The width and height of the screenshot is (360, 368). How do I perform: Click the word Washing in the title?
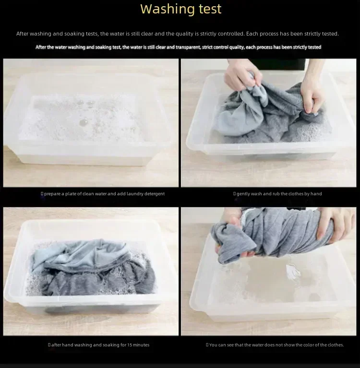tap(168, 9)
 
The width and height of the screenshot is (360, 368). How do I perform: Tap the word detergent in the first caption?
tap(155, 194)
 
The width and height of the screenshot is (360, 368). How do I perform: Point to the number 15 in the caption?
tap(130, 345)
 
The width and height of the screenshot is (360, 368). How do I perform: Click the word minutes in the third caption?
tap(141, 345)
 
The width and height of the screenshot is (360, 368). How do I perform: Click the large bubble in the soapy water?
tap(84, 122)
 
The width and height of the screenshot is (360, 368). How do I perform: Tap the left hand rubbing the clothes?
tap(242, 73)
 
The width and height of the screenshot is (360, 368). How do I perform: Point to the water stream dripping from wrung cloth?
tap(293, 272)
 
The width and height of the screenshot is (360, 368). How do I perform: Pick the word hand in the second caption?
tap(316, 194)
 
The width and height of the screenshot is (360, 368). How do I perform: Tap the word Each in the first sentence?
tap(251, 34)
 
